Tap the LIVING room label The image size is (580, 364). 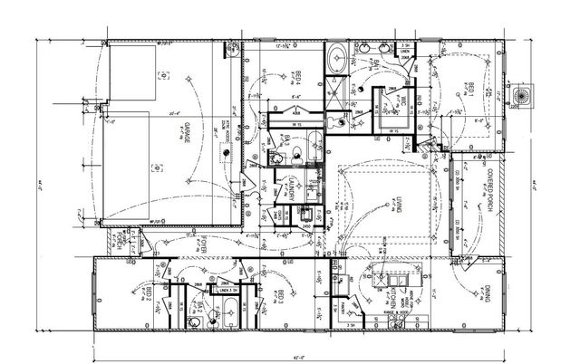(x=397, y=206)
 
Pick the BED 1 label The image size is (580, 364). (x=472, y=90)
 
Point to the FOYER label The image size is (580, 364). (x=205, y=246)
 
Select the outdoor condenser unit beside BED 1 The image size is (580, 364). (x=522, y=94)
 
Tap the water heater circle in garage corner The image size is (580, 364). (x=235, y=52)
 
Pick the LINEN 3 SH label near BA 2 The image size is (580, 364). (x=220, y=291)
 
